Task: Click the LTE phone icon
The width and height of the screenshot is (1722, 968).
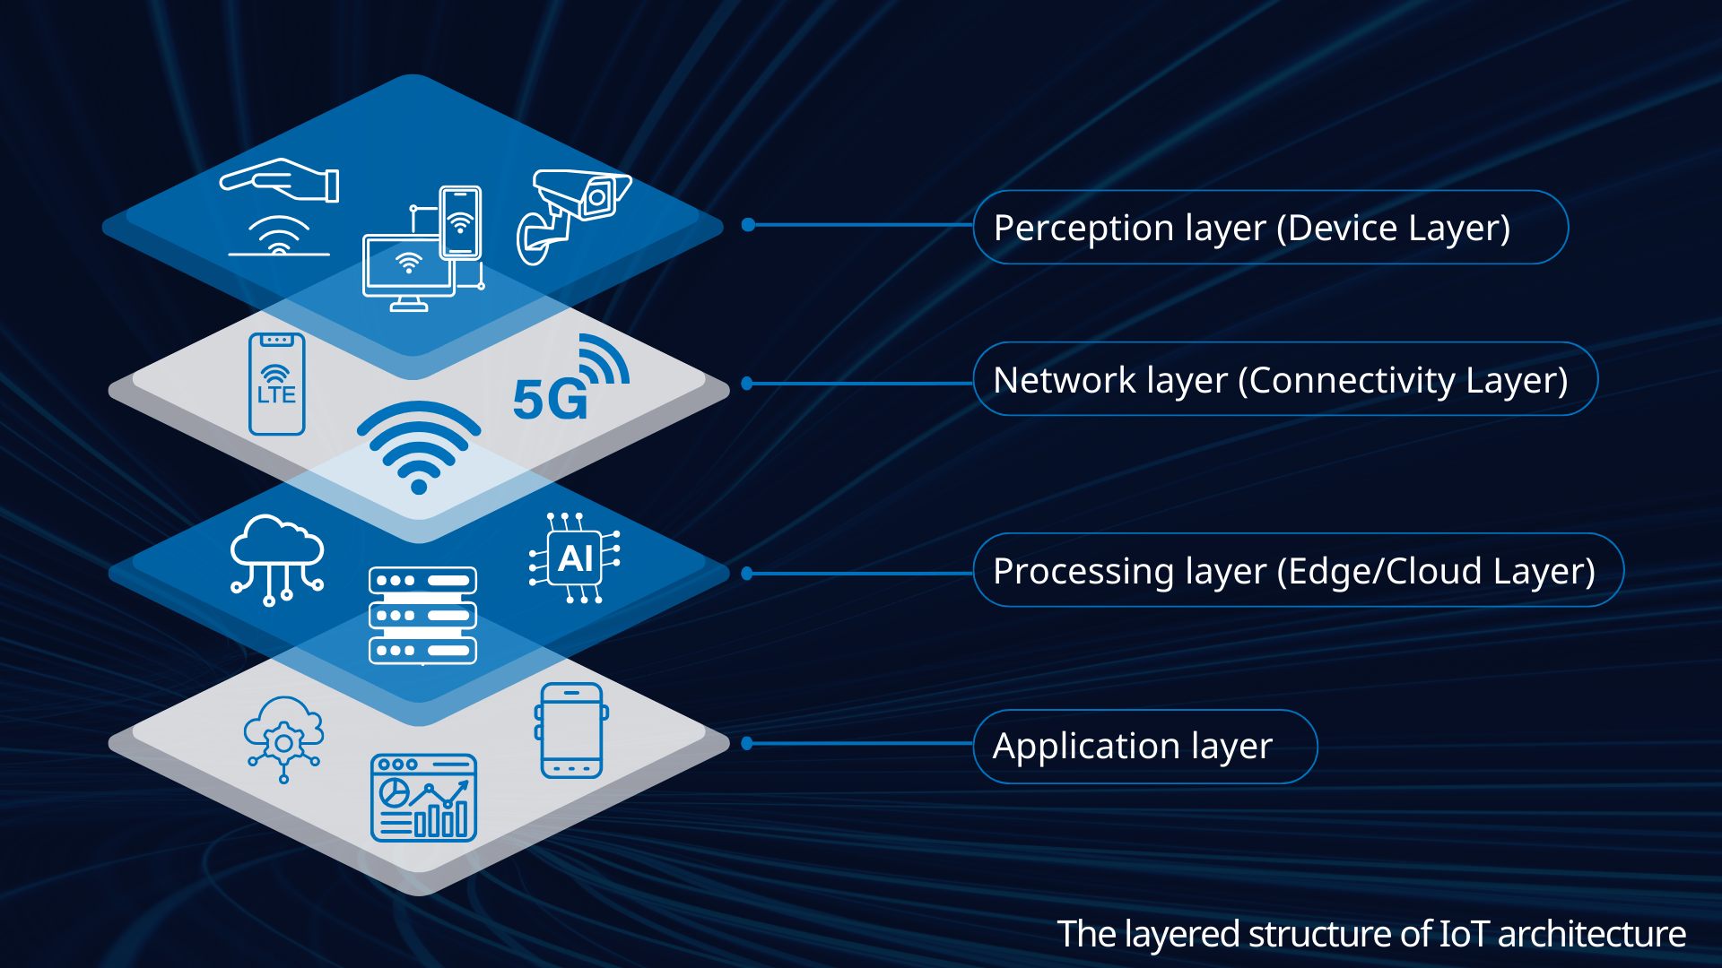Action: click(276, 384)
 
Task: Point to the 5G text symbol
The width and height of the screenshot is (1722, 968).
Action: click(550, 399)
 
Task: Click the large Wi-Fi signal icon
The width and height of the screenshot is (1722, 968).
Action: click(419, 446)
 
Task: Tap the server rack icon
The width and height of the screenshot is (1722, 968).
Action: click(422, 615)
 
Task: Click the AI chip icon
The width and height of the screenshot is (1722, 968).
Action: click(575, 557)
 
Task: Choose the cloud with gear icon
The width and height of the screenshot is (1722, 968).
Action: click(283, 737)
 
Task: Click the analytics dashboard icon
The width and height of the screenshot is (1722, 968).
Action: click(423, 798)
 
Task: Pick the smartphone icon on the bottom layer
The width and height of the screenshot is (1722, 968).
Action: click(571, 730)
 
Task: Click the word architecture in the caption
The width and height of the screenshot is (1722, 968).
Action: click(1591, 934)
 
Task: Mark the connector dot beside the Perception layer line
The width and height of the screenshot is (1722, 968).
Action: click(748, 225)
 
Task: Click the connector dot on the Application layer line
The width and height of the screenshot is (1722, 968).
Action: click(748, 743)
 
